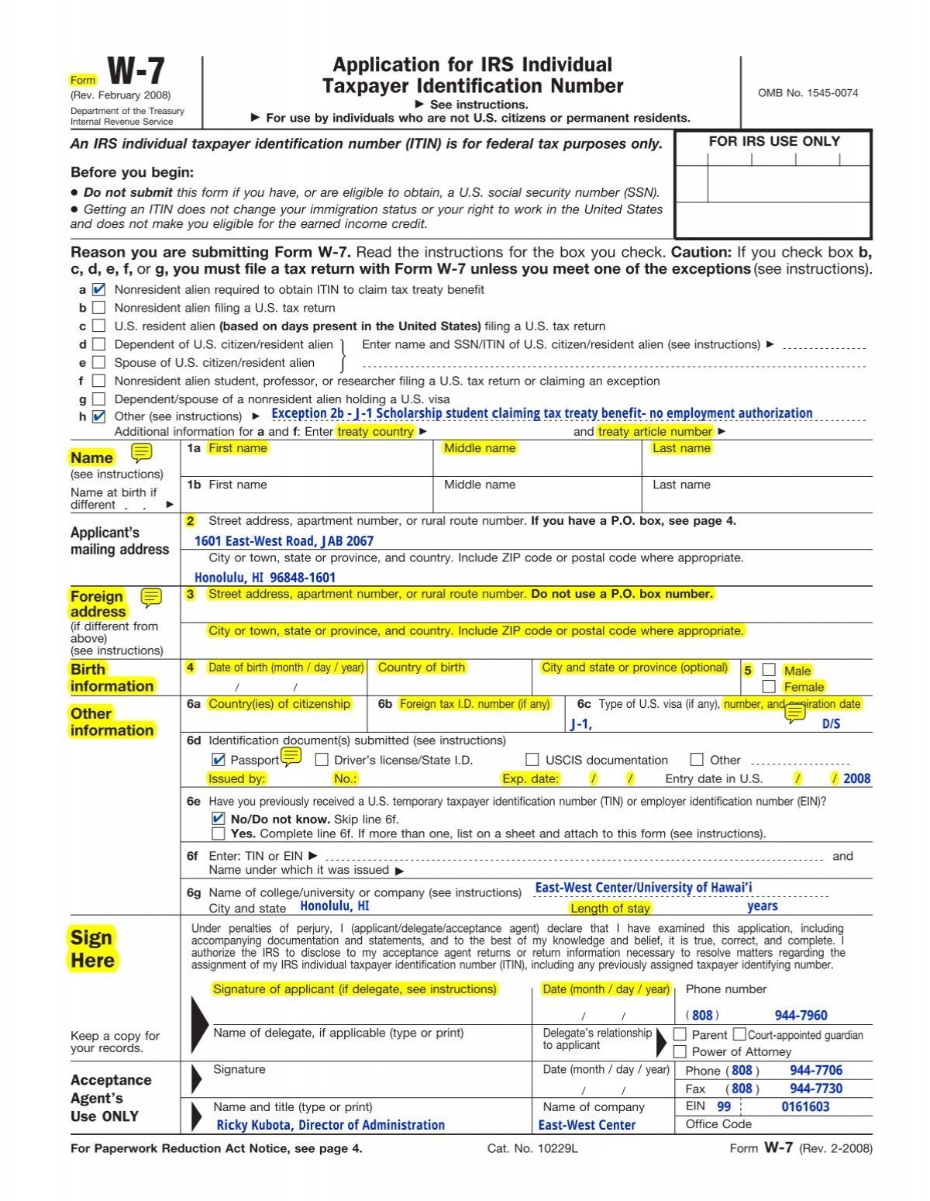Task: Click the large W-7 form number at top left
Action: [x=136, y=71]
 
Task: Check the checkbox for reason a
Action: [x=98, y=290]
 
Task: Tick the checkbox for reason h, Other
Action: [x=98, y=416]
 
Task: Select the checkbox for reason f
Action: [x=98, y=381]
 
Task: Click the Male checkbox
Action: [x=769, y=670]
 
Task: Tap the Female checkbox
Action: [x=769, y=686]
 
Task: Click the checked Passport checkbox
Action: [x=218, y=760]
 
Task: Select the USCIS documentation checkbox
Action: [x=532, y=760]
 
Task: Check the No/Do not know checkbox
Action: [x=218, y=819]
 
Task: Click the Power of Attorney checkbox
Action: [x=680, y=1051]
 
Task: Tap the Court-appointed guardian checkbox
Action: [x=739, y=1034]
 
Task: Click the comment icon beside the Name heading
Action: [x=142, y=453]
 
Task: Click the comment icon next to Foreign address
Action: [x=151, y=597]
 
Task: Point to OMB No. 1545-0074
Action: [x=808, y=93]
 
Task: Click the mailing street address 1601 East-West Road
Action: [x=284, y=541]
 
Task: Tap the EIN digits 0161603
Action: [x=805, y=1106]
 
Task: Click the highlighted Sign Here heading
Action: [x=92, y=948]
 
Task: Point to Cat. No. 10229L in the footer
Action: [x=532, y=1148]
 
